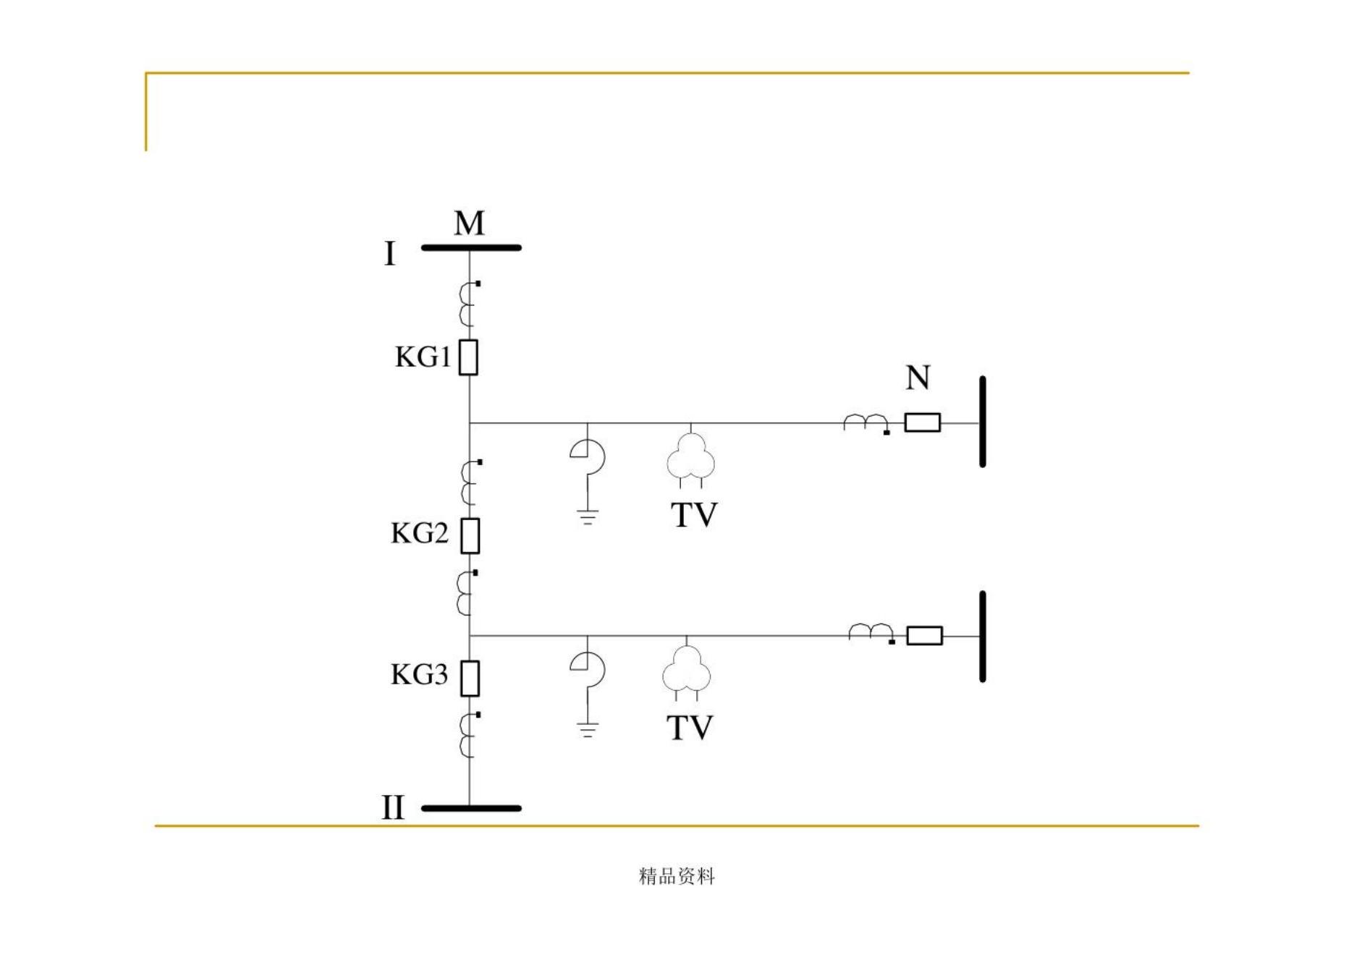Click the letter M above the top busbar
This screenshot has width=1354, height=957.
coord(469,224)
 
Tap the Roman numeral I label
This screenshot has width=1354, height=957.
coord(390,254)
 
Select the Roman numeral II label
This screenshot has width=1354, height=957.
coord(393,807)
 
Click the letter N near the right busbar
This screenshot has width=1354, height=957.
coord(918,378)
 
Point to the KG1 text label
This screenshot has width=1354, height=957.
coord(423,357)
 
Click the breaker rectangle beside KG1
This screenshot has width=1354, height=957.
coord(469,357)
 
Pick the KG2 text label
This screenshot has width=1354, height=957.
coord(419,534)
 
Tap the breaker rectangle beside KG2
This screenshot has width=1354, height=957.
coord(470,536)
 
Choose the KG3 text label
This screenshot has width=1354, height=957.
coord(419,675)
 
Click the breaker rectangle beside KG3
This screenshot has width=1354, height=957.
coord(470,679)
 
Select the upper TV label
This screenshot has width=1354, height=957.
coord(694,515)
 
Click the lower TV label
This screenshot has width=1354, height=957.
coord(689,728)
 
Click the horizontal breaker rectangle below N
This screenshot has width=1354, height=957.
coord(923,422)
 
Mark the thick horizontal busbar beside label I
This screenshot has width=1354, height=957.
coord(471,248)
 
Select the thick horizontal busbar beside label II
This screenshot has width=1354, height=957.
coord(471,808)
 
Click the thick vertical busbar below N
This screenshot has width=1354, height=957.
coord(982,422)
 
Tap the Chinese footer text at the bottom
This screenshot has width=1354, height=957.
coord(677,877)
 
